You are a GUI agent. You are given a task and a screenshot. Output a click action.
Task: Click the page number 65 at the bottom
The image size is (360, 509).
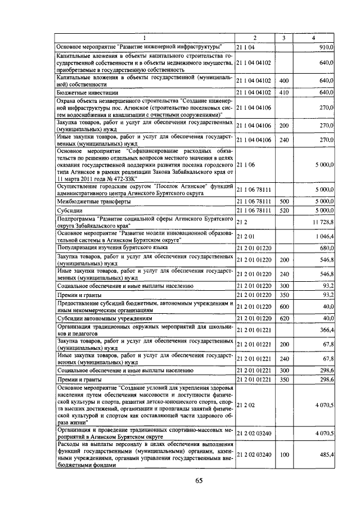199,480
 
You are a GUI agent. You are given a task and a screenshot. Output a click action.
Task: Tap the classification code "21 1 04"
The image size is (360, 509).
246,46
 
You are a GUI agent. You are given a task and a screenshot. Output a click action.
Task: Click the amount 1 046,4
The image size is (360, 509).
324,236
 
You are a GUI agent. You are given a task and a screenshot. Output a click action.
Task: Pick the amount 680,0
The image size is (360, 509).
326,246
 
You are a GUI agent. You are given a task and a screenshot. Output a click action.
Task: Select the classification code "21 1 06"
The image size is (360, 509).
246,165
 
